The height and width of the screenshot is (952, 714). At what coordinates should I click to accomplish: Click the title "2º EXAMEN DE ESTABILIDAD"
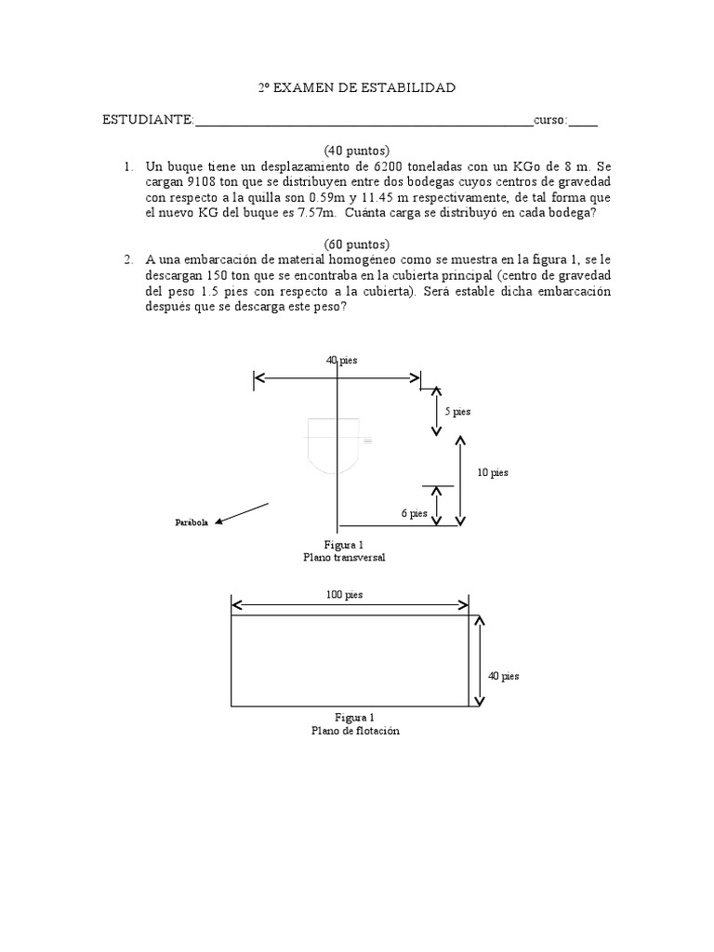(356, 88)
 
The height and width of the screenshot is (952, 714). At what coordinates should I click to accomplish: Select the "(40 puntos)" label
(356, 151)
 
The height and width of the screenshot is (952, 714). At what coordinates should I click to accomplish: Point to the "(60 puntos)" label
(356, 244)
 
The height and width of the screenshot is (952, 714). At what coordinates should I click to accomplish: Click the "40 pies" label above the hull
(342, 360)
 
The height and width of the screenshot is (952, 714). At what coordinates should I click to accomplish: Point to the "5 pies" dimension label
(457, 411)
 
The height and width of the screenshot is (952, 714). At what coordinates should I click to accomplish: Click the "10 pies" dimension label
(493, 472)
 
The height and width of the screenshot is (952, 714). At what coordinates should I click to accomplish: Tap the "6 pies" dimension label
(415, 512)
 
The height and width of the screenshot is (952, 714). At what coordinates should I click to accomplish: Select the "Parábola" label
(192, 523)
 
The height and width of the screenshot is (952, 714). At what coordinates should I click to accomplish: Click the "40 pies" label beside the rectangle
(504, 676)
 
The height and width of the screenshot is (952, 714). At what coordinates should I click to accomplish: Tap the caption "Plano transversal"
(344, 557)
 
